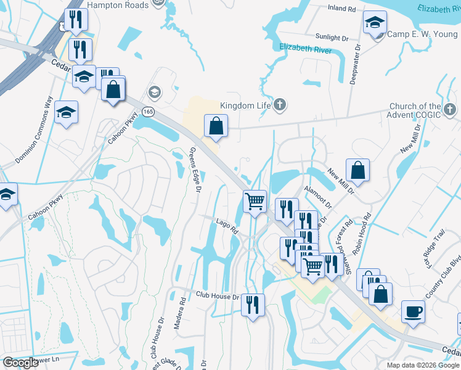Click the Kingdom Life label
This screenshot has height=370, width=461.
pos(246,105)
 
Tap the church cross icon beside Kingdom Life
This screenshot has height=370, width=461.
pos(279,105)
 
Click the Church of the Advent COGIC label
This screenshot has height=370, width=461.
pos(415,110)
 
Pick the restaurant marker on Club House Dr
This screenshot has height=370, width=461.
pos(253,304)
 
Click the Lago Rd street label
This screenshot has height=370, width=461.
pos(227,226)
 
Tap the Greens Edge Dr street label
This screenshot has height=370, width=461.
pos(195,170)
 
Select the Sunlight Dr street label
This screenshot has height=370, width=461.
pos(332,37)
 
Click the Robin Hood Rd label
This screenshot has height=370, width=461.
pos(360,234)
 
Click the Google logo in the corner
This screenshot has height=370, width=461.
pos(20,363)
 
